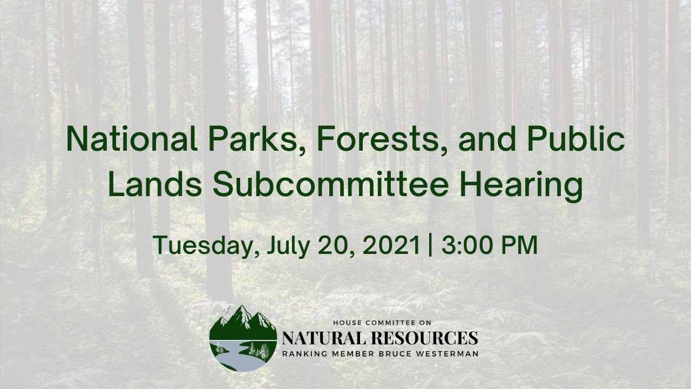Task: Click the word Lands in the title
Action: (x=155, y=184)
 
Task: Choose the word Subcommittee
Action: (x=330, y=184)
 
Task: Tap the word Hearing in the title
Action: (x=521, y=186)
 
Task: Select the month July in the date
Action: (x=288, y=246)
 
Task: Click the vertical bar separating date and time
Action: (x=430, y=245)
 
